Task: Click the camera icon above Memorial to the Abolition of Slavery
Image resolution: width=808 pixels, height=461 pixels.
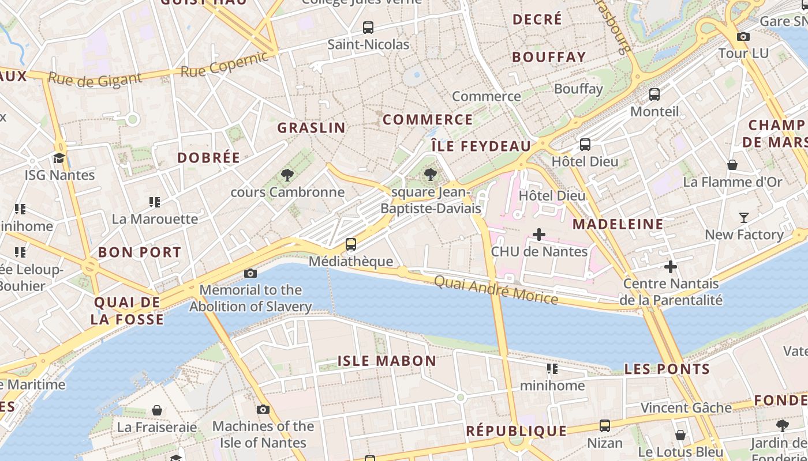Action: [x=250, y=273]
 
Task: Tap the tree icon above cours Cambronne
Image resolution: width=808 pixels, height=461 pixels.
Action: [x=287, y=175]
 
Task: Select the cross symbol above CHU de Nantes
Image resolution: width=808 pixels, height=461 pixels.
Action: [x=539, y=235]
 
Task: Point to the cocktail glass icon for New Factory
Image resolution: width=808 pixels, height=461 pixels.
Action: [x=744, y=218]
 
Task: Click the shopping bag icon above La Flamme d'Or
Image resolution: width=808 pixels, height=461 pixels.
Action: [x=732, y=165]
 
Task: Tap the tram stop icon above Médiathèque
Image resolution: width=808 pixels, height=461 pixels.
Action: [x=351, y=244]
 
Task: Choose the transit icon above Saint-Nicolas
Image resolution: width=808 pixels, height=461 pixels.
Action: [x=368, y=27]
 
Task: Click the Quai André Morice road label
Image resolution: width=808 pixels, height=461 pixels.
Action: [x=495, y=290]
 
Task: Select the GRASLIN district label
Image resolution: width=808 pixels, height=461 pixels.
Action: [x=312, y=128]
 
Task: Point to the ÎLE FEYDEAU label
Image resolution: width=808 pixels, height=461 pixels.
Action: [x=481, y=146]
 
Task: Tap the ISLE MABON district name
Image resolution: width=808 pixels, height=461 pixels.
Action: [x=387, y=361]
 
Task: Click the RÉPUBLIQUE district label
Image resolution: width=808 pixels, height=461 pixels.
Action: [x=517, y=431]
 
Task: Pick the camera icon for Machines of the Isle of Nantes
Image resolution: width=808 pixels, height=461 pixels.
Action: [x=263, y=409]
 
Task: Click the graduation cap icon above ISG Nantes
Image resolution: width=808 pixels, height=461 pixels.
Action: [x=59, y=158]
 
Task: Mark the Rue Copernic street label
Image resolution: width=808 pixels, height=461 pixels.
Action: [x=225, y=65]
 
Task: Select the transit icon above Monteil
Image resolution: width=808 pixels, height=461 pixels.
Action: [x=654, y=95]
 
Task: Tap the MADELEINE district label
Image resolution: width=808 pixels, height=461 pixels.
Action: [x=618, y=224]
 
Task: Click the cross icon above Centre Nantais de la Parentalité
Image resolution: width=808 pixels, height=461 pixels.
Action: [x=671, y=267]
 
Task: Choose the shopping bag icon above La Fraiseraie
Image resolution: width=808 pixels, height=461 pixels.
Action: [x=157, y=410]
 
